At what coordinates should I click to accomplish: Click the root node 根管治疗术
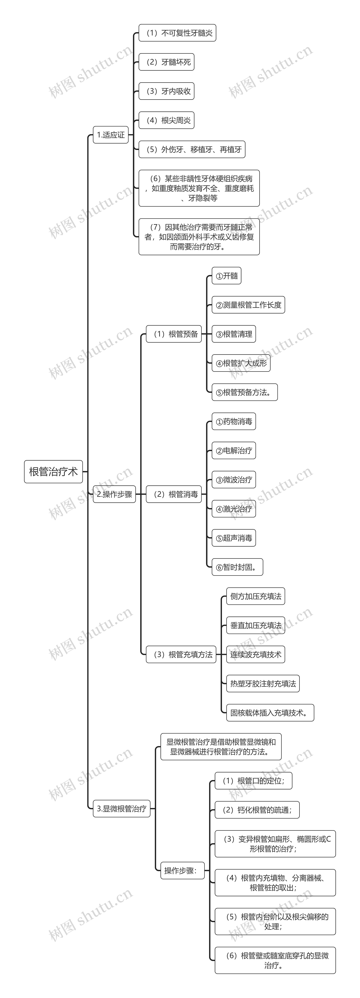(x=53, y=471)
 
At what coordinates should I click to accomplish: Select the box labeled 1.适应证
(x=111, y=135)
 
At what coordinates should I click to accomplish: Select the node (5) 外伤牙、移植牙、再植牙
(x=192, y=150)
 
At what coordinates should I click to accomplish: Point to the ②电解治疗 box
(x=234, y=451)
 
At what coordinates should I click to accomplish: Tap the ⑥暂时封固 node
(x=237, y=567)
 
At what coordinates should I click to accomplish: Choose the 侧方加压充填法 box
(x=255, y=596)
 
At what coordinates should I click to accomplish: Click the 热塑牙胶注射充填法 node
(x=263, y=684)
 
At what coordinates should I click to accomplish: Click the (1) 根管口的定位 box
(x=253, y=781)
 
